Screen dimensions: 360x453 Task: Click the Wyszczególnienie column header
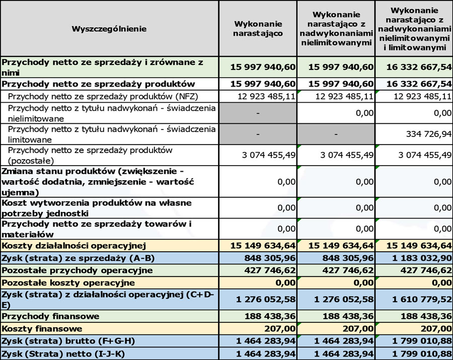pos(109,29)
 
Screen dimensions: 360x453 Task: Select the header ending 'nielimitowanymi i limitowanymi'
pos(414,29)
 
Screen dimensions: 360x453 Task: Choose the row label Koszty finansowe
pos(42,329)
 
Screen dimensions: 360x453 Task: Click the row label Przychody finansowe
pos(51,316)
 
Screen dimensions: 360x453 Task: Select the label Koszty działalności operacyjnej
pos(74,246)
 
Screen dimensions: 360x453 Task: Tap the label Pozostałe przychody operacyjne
pos(70,270)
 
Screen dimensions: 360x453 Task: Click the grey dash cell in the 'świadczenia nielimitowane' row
pos(257,114)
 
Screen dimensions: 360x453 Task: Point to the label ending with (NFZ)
pos(83,96)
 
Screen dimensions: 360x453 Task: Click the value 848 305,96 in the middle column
pos(343,258)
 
